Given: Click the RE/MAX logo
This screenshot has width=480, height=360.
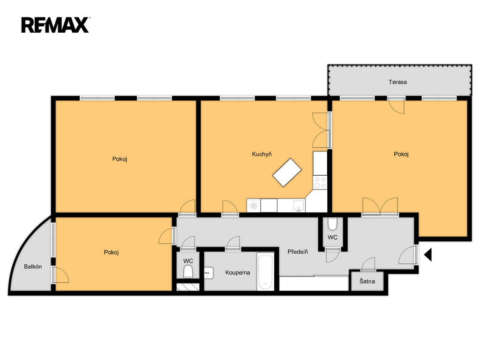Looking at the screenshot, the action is click(55, 25).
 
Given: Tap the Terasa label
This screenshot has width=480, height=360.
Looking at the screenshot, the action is click(397, 82).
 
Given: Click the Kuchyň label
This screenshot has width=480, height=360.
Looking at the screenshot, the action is click(262, 154).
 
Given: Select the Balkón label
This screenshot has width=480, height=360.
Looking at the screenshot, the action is click(33, 267).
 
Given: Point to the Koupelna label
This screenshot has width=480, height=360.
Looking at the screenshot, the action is click(238, 272).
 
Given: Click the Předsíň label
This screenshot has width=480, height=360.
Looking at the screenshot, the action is click(298, 252).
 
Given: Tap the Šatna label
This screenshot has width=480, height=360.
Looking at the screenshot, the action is click(367, 281).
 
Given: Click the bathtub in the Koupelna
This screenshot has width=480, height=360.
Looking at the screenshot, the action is click(265, 271).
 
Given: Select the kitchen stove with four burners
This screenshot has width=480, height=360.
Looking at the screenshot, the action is click(320, 183).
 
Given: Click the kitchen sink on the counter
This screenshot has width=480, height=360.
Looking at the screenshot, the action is click(299, 205).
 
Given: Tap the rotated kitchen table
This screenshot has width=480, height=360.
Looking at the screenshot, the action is click(287, 172).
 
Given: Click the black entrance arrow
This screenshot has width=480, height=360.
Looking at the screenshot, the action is click(428, 255).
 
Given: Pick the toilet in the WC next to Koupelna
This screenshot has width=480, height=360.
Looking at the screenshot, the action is click(188, 272).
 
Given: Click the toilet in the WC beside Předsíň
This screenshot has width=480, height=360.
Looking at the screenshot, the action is click(332, 224).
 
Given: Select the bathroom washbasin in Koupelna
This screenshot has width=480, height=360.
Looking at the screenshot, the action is click(209, 272).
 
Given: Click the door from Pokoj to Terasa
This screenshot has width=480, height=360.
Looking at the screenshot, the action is click(397, 106).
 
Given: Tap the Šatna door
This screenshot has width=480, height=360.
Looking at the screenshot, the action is click(368, 264).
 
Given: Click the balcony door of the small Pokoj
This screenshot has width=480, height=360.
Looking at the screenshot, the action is click(60, 274).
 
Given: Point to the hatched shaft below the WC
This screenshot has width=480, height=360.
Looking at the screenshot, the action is click(188, 287).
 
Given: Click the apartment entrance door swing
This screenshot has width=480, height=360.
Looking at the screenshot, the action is click(407, 255).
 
